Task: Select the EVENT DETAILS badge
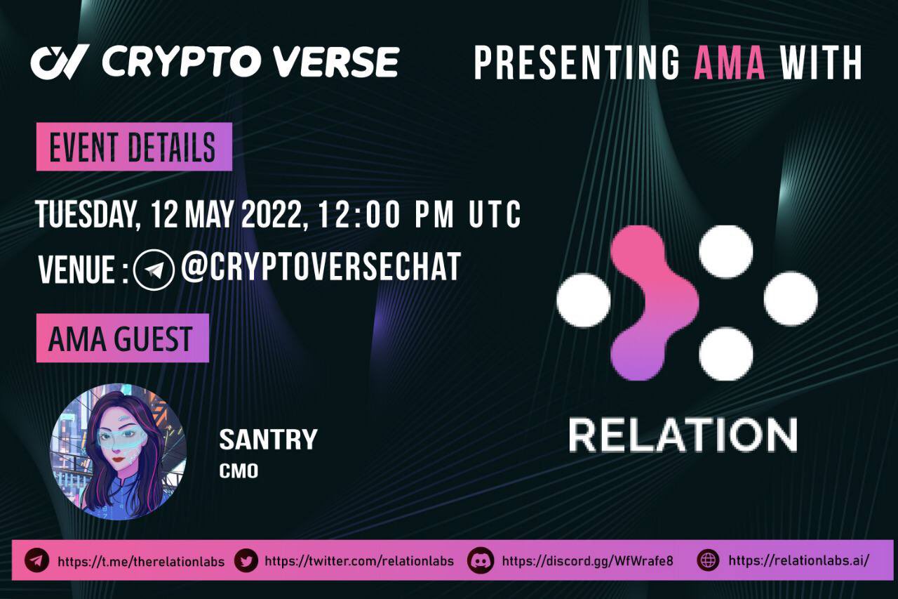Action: (133, 147)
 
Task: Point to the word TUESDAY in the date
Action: (84, 213)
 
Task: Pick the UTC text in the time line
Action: (495, 213)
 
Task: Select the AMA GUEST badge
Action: (122, 338)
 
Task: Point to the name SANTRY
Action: (268, 440)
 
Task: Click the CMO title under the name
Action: (239, 471)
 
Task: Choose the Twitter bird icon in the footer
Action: (246, 560)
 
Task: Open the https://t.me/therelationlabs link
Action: (141, 561)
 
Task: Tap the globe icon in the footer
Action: (709, 560)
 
